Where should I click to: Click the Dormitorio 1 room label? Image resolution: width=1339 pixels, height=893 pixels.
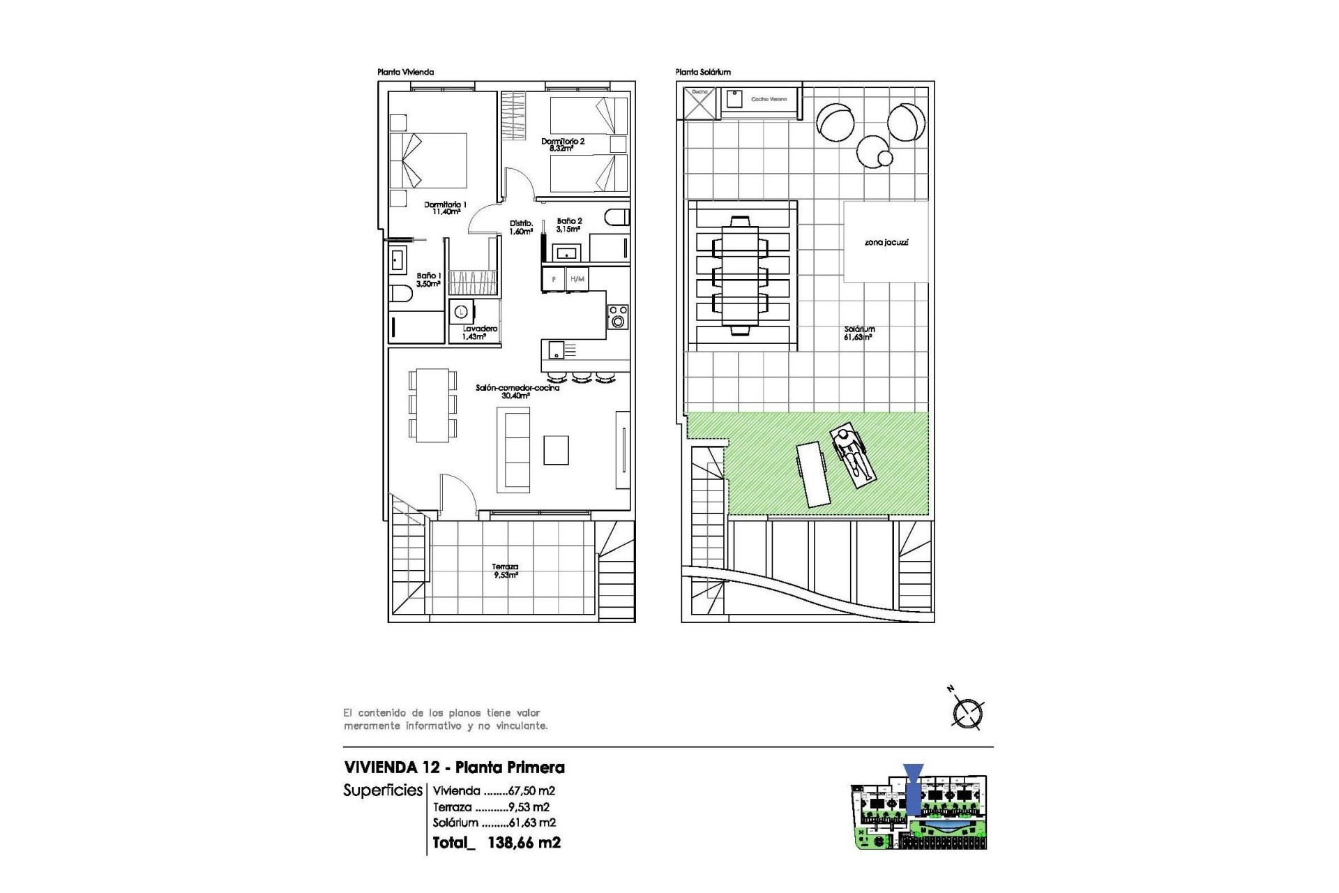[x=445, y=208]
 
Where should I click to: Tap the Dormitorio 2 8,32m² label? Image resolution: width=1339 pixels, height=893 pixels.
[x=562, y=144]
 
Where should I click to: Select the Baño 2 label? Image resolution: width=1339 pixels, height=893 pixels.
[x=569, y=225]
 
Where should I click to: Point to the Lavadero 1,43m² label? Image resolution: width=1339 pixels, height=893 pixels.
[x=480, y=332]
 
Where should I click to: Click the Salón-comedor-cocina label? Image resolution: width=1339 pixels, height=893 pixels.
[x=517, y=391]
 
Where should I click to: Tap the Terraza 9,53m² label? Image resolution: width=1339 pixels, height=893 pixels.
[x=506, y=571]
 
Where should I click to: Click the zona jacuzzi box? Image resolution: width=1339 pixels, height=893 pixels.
[x=886, y=242]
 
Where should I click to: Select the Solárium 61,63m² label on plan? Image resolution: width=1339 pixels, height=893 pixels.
[x=859, y=333]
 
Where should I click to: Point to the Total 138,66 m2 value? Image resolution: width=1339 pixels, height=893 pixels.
[x=497, y=842]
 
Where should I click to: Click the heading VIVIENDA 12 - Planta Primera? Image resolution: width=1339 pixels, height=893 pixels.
[x=454, y=767]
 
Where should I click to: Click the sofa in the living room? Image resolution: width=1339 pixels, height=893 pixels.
[x=513, y=451]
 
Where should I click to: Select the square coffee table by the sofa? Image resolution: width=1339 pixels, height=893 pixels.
[x=556, y=450]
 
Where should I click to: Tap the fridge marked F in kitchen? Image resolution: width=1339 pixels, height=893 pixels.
[x=554, y=279]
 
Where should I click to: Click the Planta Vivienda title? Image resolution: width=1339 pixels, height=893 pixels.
[x=405, y=72]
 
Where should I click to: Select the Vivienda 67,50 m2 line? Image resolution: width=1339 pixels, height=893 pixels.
[x=494, y=790]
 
